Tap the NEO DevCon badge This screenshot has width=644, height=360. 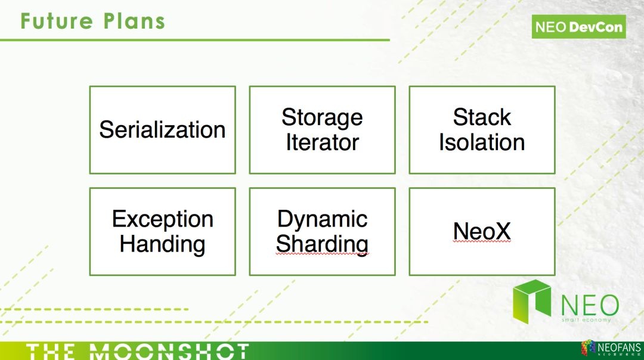[578, 27]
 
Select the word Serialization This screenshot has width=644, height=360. [162, 130]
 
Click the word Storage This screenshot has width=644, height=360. [322, 117]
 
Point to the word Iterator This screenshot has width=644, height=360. [322, 142]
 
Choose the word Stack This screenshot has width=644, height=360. [482, 117]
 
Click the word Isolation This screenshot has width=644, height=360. [482, 142]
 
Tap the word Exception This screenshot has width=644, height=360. [162, 219]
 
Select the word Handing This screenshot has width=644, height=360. [162, 244]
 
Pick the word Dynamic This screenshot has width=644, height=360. [322, 219]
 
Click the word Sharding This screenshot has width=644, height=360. [322, 244]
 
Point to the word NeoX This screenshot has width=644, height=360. [482, 232]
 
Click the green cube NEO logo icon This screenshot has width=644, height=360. [532, 302]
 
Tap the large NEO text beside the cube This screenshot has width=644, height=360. [589, 304]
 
